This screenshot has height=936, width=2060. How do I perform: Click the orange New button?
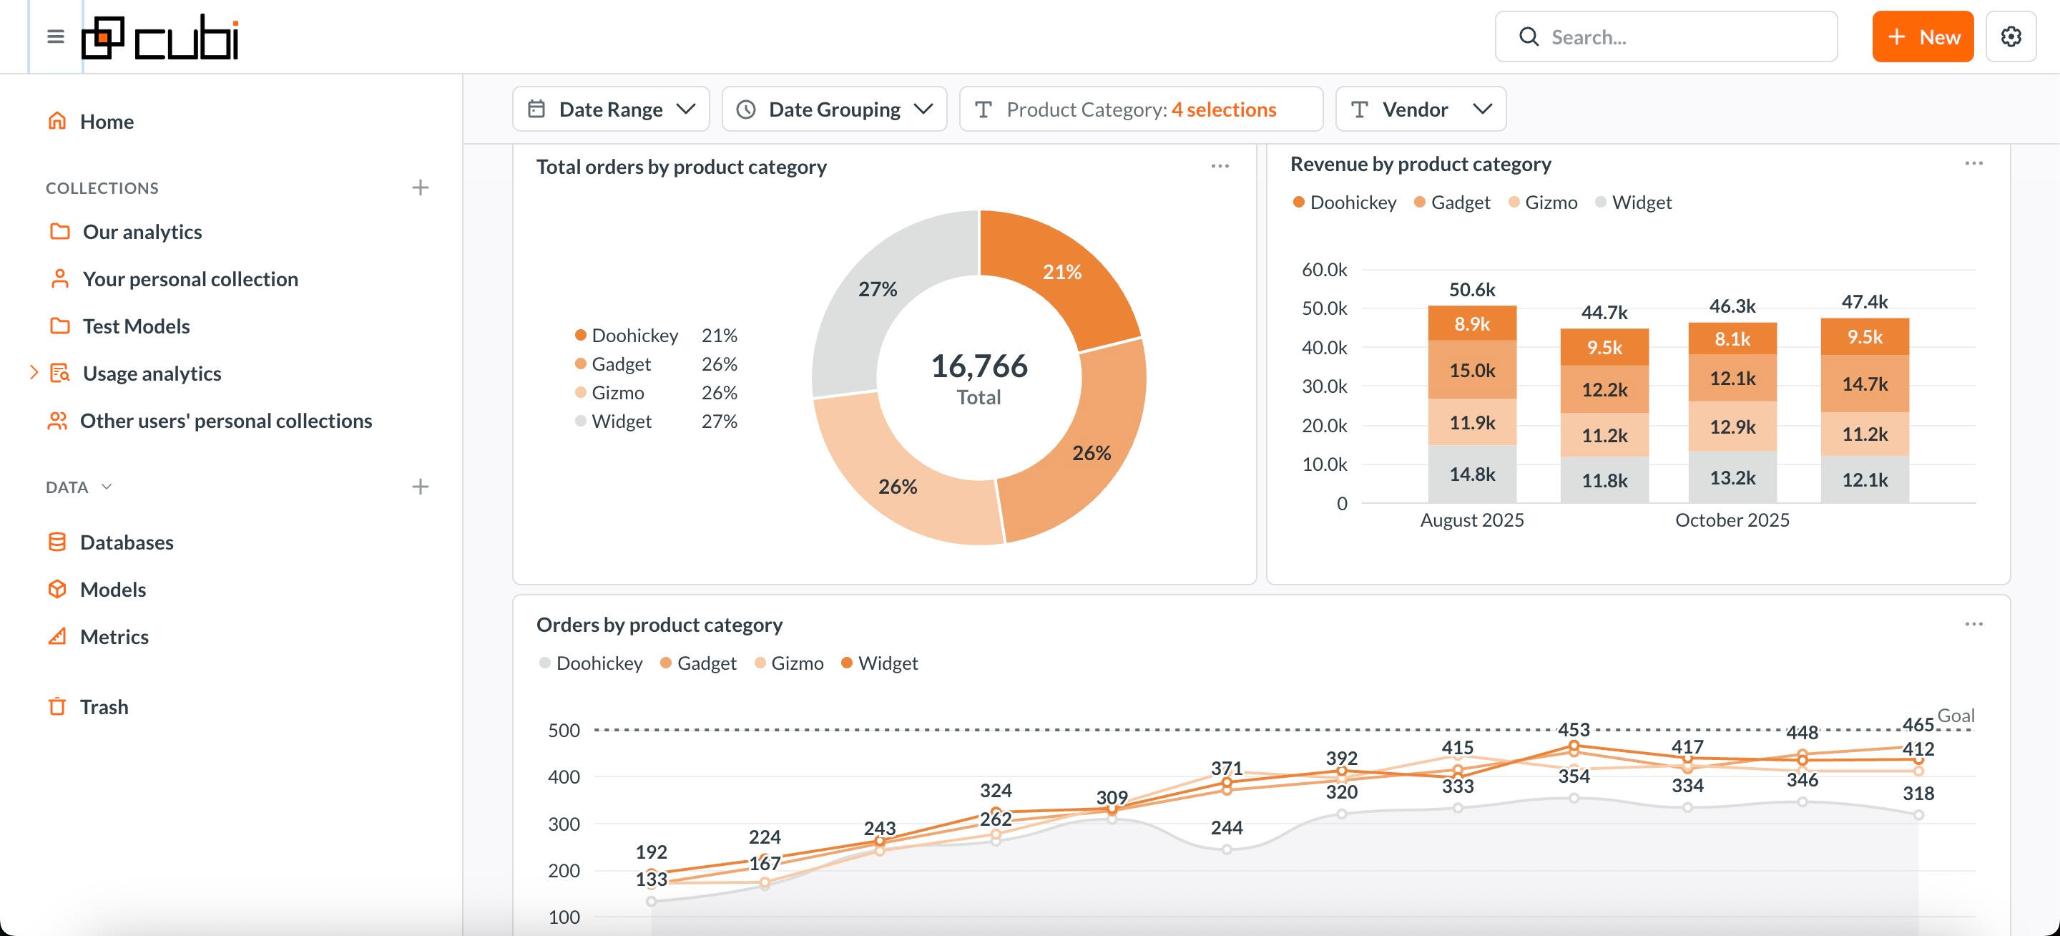point(1923,36)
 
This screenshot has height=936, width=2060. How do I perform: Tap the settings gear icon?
point(2011,36)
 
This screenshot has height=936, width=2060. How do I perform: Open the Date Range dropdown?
point(611,109)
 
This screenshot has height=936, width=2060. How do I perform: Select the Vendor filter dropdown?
point(1421,109)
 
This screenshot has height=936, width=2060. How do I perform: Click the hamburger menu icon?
point(55,36)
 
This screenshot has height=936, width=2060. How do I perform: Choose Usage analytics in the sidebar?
point(152,374)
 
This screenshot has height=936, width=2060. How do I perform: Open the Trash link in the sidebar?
point(103,707)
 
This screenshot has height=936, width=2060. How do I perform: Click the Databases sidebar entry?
point(127,542)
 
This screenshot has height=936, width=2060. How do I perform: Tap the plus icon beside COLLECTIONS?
point(420,188)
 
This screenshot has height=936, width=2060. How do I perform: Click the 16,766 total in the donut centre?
point(978,366)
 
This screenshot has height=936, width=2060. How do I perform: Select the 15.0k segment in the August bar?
point(1471,371)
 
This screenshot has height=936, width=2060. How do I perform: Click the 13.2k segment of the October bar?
point(1732,477)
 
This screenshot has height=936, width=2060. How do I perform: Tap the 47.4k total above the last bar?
point(1864,301)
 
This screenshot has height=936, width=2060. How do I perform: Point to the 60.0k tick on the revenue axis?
point(1324,270)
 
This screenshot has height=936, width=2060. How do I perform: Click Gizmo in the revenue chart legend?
point(1550,203)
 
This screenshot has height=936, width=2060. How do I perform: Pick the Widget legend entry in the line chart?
point(887,663)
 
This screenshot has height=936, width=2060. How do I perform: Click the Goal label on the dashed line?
point(1956,716)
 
